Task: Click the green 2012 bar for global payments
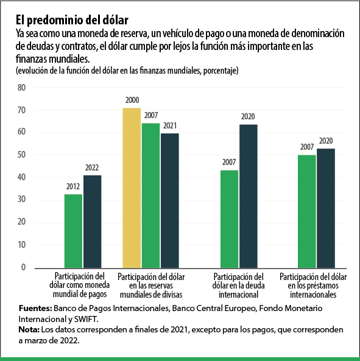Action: pyautogui.click(x=73, y=231)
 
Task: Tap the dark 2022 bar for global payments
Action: pyautogui.click(x=93, y=221)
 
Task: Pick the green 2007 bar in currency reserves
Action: pyautogui.click(x=150, y=195)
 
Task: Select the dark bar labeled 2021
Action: pyautogui.click(x=170, y=200)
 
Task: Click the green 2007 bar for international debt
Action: pyautogui.click(x=229, y=219)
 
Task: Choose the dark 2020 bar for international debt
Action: pyautogui.click(x=248, y=195)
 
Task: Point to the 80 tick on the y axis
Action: pyautogui.click(x=22, y=88)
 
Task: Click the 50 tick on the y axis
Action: pyautogui.click(x=22, y=155)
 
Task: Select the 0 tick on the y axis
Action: pyautogui.click(x=24, y=268)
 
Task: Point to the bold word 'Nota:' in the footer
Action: pyautogui.click(x=30, y=329)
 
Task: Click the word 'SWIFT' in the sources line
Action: pyautogui.click(x=84, y=318)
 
